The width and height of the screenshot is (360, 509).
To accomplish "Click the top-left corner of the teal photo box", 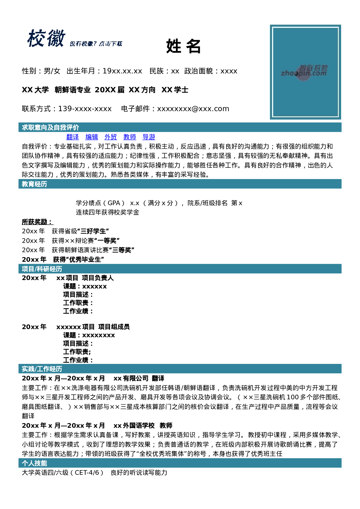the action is pos(270,25).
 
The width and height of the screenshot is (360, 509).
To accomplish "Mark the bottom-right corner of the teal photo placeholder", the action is pos(341,120).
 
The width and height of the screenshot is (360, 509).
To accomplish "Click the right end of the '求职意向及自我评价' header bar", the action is pos(341,127).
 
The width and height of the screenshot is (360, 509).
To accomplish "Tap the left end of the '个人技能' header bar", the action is pos(19,463).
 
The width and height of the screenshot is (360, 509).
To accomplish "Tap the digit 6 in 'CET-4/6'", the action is pos(97,473).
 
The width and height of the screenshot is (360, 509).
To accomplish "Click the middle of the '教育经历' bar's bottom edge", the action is pos(180,189).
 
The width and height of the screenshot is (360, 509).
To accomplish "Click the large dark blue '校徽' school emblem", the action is pos(46,38).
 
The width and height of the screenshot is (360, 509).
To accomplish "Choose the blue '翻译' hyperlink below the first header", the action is pos(73,137).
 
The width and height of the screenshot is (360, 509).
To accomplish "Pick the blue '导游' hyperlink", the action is pos(149,137).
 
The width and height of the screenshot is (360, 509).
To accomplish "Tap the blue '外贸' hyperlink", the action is pos(111,137).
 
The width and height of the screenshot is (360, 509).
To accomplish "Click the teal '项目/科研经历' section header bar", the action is pos(180,269).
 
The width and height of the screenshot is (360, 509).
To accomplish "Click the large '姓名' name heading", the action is pos(183,46).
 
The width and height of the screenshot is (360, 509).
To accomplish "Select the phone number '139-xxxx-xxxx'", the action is pos(85,109).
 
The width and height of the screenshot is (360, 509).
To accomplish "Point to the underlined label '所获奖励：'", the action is pos(37,222).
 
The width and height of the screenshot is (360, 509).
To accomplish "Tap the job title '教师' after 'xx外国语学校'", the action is pos(166,426).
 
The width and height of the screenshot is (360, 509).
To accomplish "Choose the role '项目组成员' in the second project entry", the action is pos(114,327).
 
